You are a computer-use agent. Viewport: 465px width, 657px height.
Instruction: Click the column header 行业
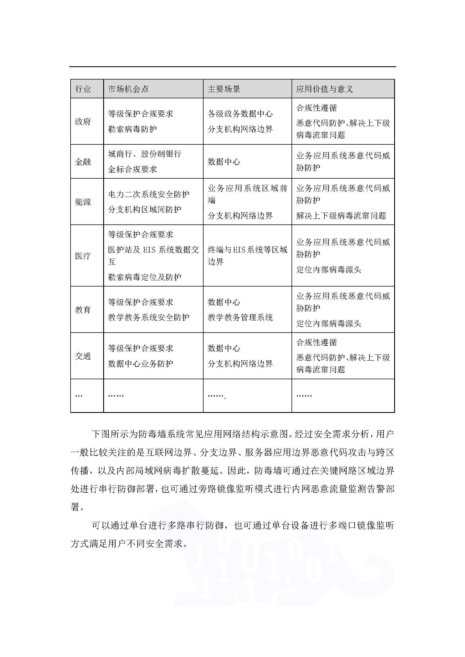83,89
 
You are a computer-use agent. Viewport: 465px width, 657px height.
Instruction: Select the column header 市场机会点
128,89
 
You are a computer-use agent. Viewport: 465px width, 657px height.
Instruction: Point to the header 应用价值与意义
324,89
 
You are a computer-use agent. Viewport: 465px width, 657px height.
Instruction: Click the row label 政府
83,122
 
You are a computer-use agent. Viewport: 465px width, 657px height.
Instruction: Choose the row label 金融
83,162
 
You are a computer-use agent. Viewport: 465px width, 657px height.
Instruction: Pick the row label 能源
83,202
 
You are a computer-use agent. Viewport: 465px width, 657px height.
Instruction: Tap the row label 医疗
83,256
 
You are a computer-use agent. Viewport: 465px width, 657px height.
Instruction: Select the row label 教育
83,310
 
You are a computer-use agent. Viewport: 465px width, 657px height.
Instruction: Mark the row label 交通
83,356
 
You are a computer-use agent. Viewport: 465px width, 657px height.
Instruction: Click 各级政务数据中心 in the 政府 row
240,114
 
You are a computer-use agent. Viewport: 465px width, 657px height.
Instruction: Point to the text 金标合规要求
133,169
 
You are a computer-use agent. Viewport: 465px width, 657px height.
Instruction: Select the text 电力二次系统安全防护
149,195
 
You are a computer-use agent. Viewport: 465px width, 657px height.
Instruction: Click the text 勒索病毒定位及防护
145,277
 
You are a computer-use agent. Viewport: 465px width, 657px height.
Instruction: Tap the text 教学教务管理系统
240,317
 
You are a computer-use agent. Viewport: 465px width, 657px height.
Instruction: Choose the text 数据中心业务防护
141,364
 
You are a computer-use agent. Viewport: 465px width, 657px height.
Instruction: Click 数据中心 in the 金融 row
224,162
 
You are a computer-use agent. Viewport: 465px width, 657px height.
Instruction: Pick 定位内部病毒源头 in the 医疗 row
329,270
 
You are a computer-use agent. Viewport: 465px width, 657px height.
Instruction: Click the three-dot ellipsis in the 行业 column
79,395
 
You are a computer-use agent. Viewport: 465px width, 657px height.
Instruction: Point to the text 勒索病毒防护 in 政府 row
133,129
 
